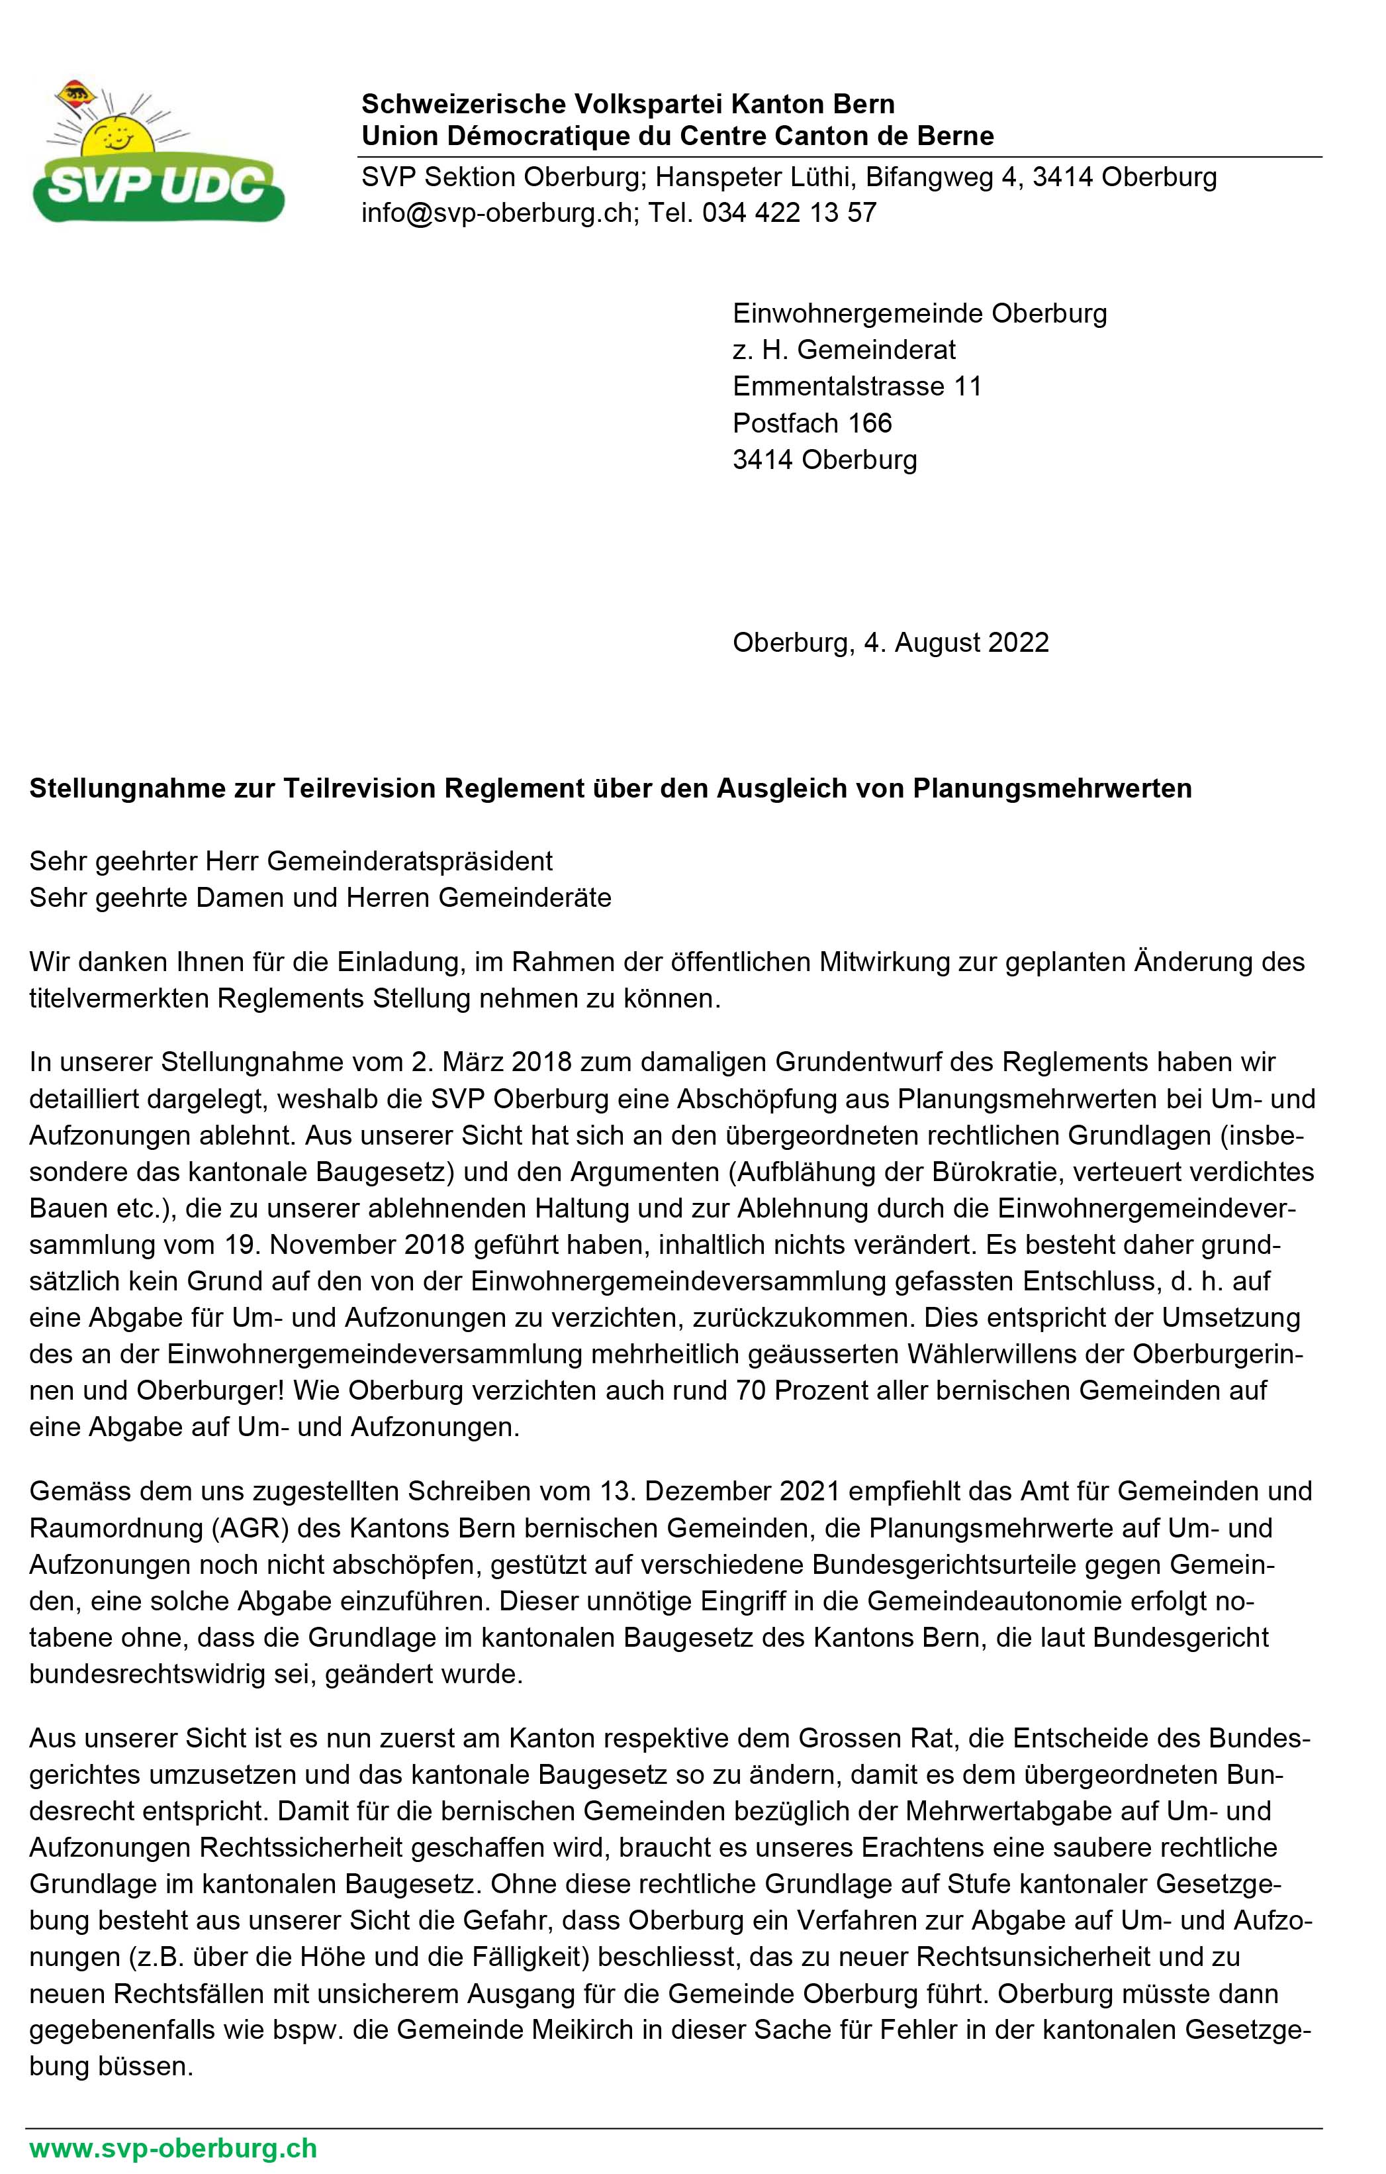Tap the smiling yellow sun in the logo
pos(117,135)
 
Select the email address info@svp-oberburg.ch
pos(496,213)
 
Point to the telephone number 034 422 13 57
pos(790,213)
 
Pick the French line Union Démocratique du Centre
pos(676,136)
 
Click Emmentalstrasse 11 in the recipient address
pos(856,386)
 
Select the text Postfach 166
pos(812,423)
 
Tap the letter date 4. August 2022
pos(956,643)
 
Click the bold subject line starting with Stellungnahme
pos(610,788)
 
